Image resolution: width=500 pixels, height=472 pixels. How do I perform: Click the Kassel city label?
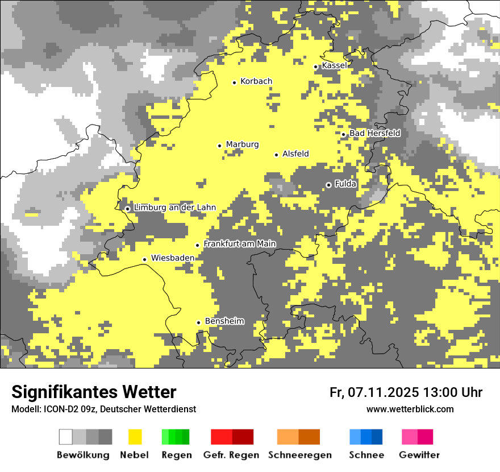[334, 66]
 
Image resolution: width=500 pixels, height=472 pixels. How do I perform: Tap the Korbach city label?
[256, 81]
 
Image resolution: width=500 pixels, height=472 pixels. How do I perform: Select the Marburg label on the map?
[242, 144]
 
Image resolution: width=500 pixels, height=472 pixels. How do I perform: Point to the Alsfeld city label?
[295, 154]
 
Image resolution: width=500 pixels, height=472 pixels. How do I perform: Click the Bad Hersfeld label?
[375, 133]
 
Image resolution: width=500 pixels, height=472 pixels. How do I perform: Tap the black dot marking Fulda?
[328, 185]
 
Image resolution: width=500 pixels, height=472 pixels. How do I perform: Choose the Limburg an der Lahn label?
[175, 208]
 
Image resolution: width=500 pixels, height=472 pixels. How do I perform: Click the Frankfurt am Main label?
[240, 244]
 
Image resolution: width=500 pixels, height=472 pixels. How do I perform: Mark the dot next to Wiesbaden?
[144, 259]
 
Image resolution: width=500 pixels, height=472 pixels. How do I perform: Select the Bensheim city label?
[224, 321]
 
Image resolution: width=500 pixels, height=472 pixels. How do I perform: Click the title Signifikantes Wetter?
[94, 392]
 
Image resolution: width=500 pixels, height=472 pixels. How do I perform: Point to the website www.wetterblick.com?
[410, 409]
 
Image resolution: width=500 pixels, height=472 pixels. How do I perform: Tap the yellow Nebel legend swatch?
[135, 437]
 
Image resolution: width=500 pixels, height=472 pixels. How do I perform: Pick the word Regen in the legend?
[176, 455]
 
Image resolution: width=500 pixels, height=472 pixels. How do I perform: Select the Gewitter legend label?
[419, 455]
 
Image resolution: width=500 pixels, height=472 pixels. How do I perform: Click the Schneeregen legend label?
[299, 455]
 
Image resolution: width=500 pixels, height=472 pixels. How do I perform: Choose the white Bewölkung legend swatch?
[65, 437]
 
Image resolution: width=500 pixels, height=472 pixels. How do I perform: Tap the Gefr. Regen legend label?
[231, 455]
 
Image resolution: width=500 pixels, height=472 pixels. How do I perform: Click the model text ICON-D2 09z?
[69, 409]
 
